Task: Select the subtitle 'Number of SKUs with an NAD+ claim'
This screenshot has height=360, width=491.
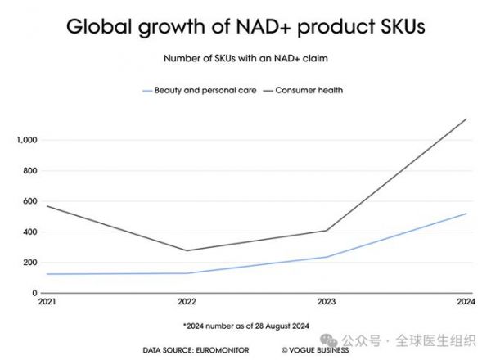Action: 245,59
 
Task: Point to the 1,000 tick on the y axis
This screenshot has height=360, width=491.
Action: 28,140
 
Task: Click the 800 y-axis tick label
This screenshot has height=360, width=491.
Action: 31,171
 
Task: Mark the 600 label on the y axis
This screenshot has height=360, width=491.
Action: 31,201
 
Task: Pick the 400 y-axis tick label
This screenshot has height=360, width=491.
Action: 31,232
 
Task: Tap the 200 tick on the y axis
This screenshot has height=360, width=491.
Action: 31,263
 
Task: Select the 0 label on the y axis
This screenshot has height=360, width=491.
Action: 35,293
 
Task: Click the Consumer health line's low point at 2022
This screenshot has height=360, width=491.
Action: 187,250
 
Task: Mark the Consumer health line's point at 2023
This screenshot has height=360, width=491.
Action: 327,230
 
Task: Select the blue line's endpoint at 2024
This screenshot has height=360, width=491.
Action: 466,214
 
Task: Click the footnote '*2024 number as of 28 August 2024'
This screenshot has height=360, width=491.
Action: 245,326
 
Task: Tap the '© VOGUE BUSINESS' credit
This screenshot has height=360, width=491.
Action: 314,350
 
